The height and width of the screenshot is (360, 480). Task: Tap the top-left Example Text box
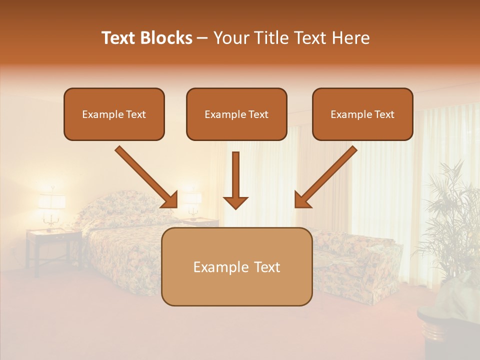coord(114,114)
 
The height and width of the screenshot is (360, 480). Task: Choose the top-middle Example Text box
coord(236,114)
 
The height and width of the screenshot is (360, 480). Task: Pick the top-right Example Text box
coord(362,114)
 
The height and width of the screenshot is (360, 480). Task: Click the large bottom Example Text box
coord(236,266)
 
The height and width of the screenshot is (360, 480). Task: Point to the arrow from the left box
coord(146,177)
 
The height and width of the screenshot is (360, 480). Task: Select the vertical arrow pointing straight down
coord(235,180)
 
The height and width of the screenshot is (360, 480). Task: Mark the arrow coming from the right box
coord(326,177)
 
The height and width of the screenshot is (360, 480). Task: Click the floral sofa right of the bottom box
coord(355,260)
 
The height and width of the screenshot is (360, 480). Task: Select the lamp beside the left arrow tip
coord(191,202)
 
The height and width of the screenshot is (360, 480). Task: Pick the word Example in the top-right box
coord(348,114)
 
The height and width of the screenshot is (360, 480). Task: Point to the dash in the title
coord(202,38)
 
